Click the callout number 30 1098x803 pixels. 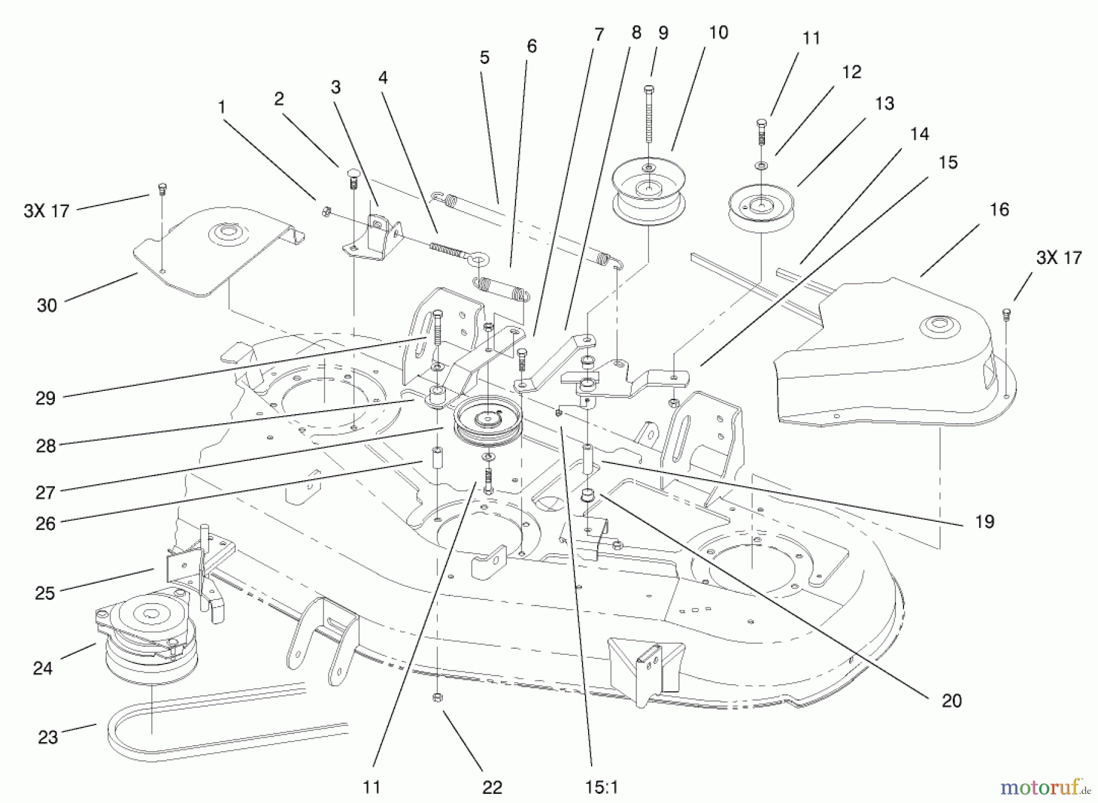click(47, 305)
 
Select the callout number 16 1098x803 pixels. click(999, 210)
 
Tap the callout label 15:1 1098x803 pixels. click(601, 787)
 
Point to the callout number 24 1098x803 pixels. click(43, 668)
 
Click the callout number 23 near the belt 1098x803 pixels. click(48, 737)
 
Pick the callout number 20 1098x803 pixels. click(952, 701)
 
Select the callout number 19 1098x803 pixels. click(985, 521)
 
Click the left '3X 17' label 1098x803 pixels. click(46, 211)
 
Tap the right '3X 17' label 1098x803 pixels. click(1058, 257)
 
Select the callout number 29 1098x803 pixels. click(46, 398)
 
